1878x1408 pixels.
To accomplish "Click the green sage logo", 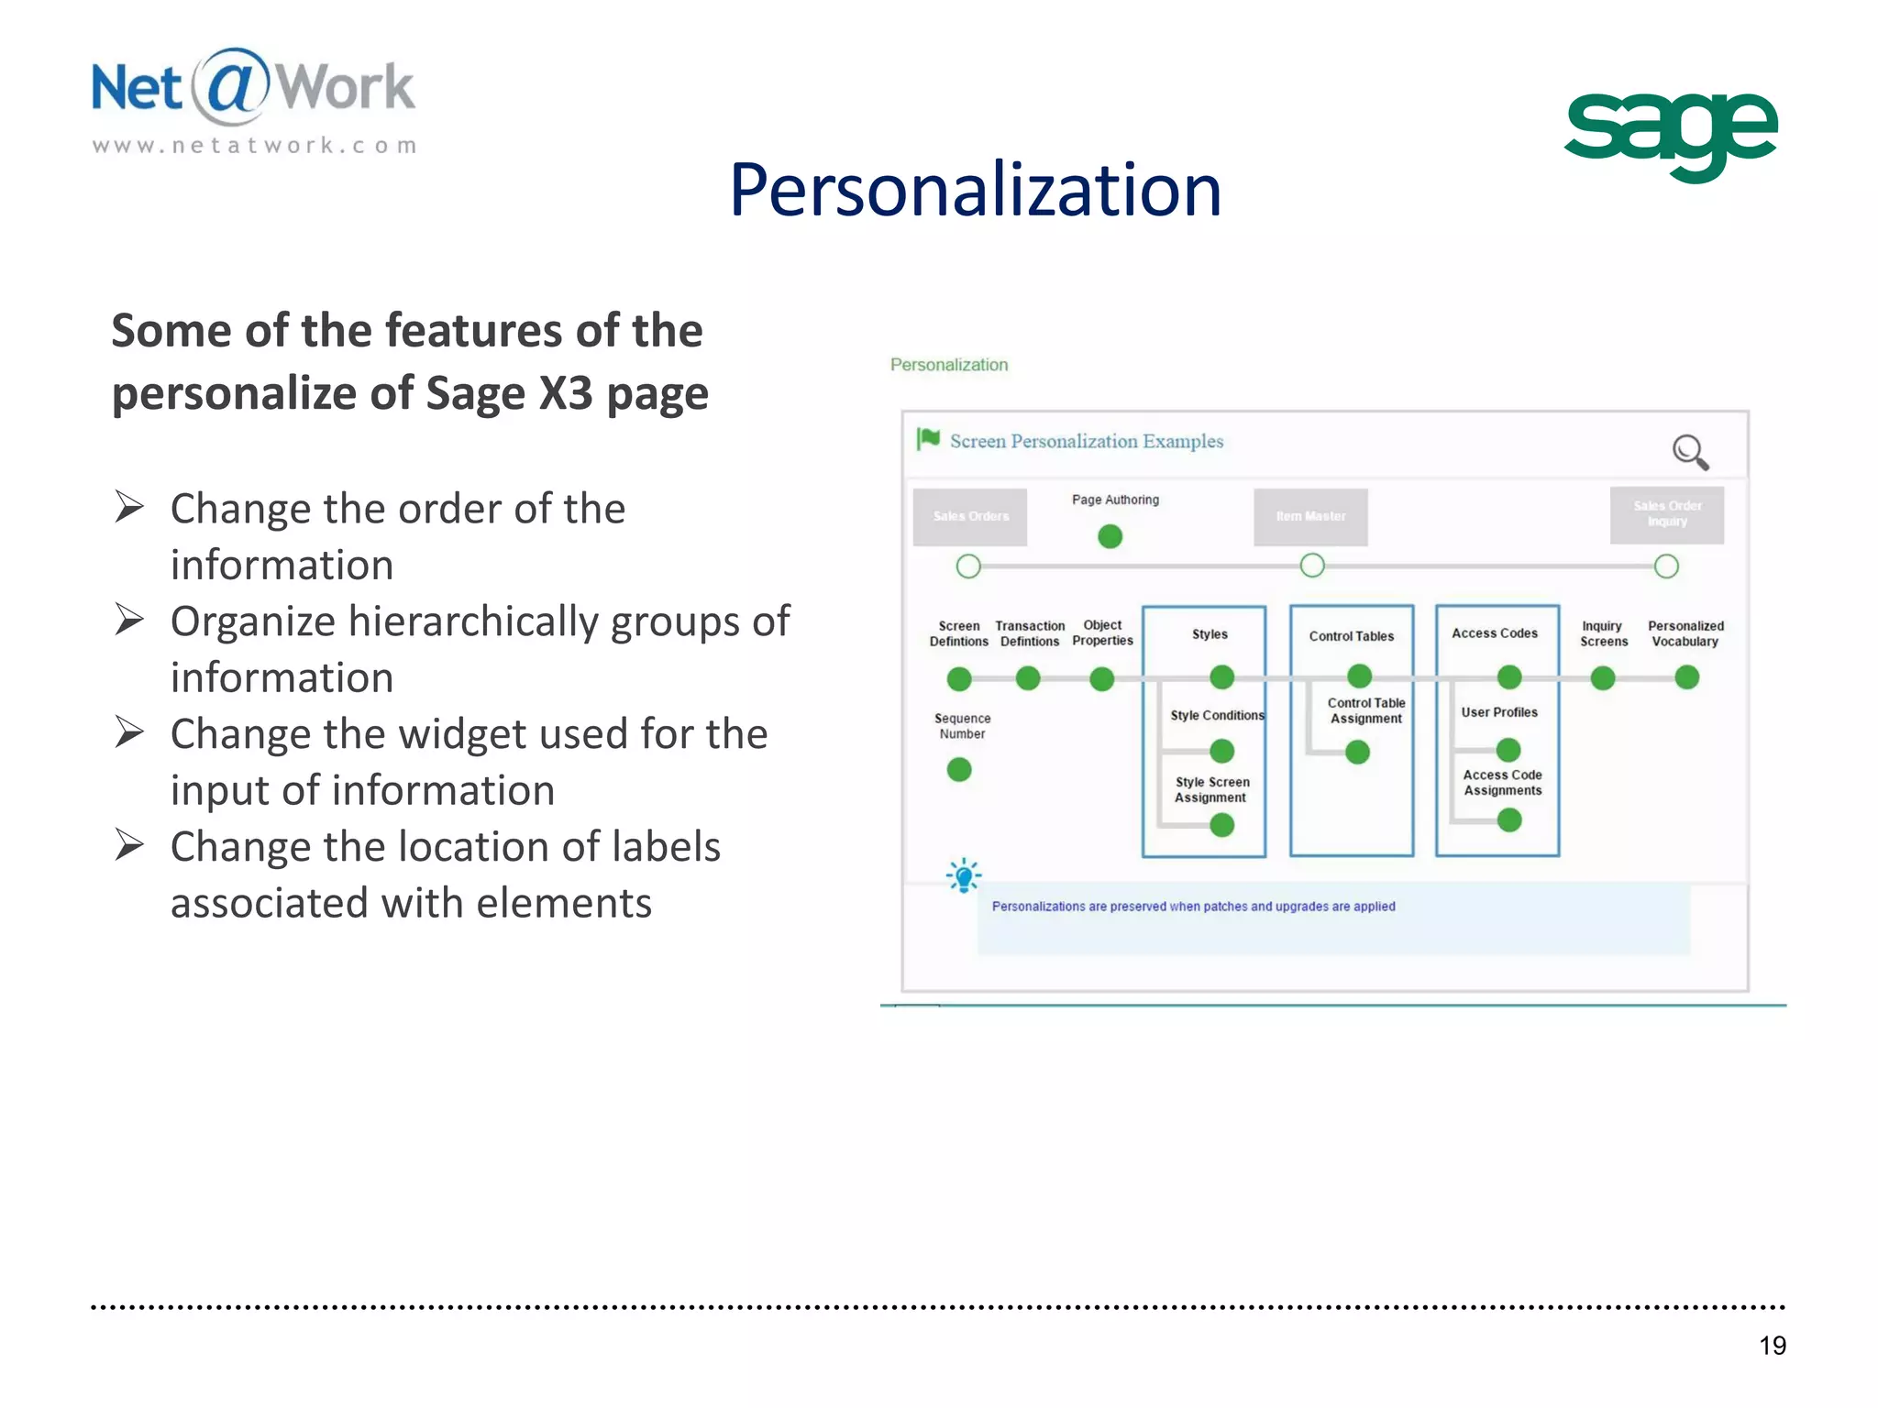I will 1670,135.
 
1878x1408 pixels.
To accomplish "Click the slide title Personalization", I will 975,190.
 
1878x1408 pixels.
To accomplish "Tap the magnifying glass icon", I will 1689,452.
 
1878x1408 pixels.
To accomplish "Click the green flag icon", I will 928,439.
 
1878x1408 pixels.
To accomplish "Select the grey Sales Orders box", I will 970,517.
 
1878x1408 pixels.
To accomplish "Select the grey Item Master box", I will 1310,517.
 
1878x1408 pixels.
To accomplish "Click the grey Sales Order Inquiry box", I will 1666,514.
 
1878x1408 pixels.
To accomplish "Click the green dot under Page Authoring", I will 1110,536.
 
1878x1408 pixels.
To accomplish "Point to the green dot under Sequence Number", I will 959,769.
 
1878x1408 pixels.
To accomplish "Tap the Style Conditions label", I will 1217,715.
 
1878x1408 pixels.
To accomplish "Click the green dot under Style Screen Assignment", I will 1221,825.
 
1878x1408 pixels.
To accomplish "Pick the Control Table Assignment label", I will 1365,710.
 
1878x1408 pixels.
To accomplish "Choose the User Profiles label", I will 1498,712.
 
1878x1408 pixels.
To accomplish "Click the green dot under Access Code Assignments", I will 1508,820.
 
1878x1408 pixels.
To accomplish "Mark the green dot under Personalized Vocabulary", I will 1686,677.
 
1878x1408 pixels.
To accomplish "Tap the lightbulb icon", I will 963,876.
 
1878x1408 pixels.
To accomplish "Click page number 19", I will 1772,1345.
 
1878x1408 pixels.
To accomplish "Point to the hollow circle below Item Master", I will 1312,566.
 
